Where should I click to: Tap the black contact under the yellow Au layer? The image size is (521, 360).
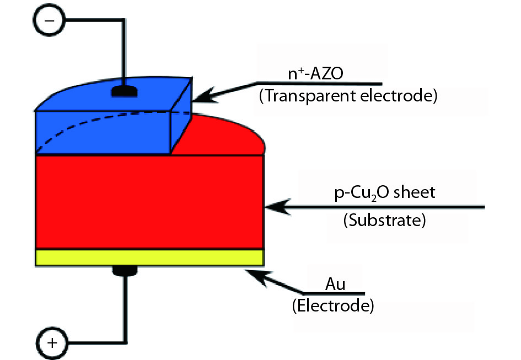click(x=125, y=270)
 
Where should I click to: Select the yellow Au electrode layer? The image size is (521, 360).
click(x=149, y=257)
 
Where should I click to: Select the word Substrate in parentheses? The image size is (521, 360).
click(x=384, y=221)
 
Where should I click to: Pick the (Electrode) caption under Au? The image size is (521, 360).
click(x=333, y=305)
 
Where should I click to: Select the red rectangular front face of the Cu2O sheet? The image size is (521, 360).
click(x=149, y=202)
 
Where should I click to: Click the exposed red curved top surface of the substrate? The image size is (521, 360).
click(x=226, y=135)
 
